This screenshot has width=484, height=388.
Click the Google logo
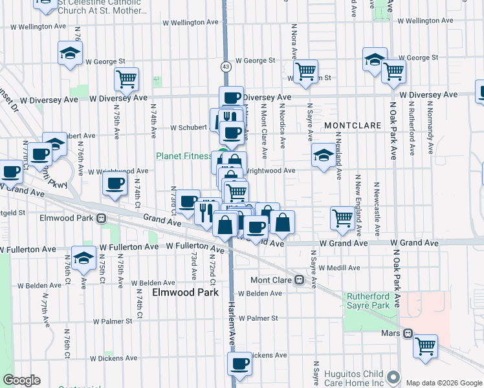click(x=21, y=380)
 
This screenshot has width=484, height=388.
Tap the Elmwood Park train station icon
click(x=102, y=219)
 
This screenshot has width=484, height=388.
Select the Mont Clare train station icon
click(x=299, y=280)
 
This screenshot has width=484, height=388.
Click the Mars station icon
click(x=408, y=334)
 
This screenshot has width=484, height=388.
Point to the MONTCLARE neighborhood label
click(x=349, y=124)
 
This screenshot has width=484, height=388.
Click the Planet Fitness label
click(x=184, y=156)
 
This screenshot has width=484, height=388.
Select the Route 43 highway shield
click(x=225, y=67)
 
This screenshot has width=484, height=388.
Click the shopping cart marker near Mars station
click(x=425, y=346)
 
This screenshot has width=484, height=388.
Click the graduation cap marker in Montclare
click(x=324, y=155)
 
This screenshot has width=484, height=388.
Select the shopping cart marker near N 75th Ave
click(x=127, y=79)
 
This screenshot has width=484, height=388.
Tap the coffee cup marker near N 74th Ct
click(x=115, y=184)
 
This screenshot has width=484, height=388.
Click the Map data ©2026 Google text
click(x=443, y=383)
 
